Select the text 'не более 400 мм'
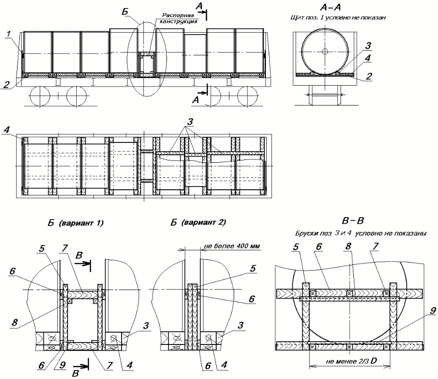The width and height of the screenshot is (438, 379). (232, 246)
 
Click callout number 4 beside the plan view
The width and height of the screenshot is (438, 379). (6, 129)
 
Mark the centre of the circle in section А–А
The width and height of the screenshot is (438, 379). (325, 51)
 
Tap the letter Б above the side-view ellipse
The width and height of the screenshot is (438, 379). (124, 10)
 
